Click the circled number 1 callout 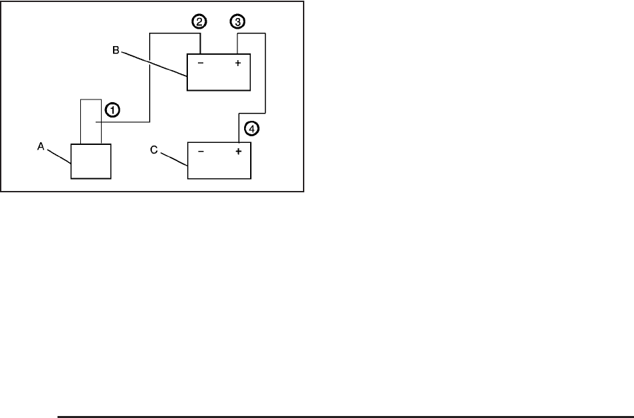point(112,110)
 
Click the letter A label point(40,150)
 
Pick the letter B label point(116,50)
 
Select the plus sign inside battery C point(237,152)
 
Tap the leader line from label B point(153,66)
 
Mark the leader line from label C point(173,158)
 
